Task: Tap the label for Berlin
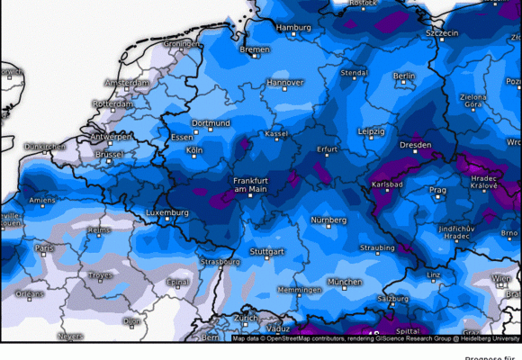pos(404,76)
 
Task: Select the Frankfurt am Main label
pos(251,184)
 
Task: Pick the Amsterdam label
pos(126,83)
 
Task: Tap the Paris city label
pos(44,247)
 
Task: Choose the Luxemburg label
pos(166,213)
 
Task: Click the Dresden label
pos(415,144)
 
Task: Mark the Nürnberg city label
pos(328,220)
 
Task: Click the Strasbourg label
pos(221,262)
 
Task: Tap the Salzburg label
pos(393,297)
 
